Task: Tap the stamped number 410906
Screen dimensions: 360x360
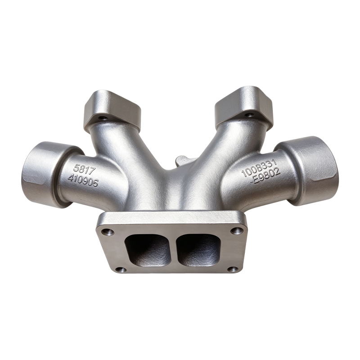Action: (x=83, y=179)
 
